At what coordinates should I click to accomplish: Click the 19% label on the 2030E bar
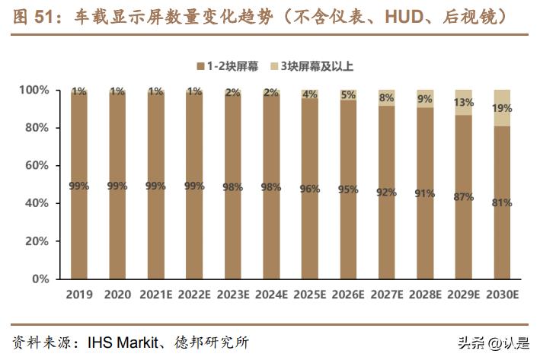[x=502, y=108]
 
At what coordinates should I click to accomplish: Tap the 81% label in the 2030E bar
[x=502, y=202]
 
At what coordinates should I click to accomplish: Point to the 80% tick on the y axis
[x=36, y=128]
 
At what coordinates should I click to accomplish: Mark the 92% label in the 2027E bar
[x=386, y=193]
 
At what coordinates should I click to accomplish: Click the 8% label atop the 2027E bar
[x=386, y=97]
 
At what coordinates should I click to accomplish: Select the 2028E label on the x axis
[x=425, y=295]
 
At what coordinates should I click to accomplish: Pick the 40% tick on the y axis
[x=36, y=204]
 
